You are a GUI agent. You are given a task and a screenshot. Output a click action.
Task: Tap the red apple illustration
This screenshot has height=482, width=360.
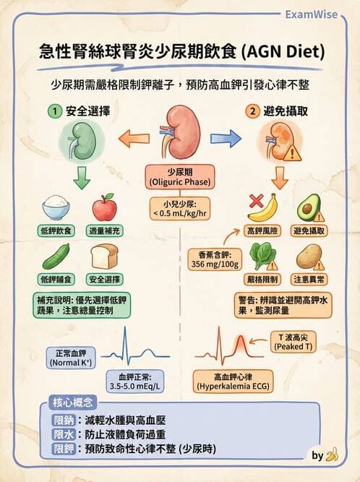tap(104, 207)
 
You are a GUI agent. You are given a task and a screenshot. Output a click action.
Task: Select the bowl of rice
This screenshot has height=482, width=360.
tap(56, 208)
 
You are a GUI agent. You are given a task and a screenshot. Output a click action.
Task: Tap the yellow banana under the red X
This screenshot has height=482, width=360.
tap(262, 210)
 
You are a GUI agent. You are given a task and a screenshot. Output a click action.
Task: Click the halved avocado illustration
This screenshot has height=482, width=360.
tap(309, 209)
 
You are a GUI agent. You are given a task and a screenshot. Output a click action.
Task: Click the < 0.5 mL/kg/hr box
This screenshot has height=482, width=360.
tap(179, 209)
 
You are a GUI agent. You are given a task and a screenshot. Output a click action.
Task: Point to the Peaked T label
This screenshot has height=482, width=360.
tap(293, 342)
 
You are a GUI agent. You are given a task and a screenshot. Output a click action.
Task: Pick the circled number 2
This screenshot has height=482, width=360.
tap(252, 112)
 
